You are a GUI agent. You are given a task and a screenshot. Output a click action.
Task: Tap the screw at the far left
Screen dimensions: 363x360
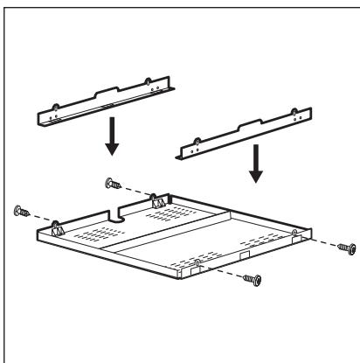coord(22,211)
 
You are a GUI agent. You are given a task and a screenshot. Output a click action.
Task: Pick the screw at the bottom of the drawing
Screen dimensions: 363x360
coord(254,280)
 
